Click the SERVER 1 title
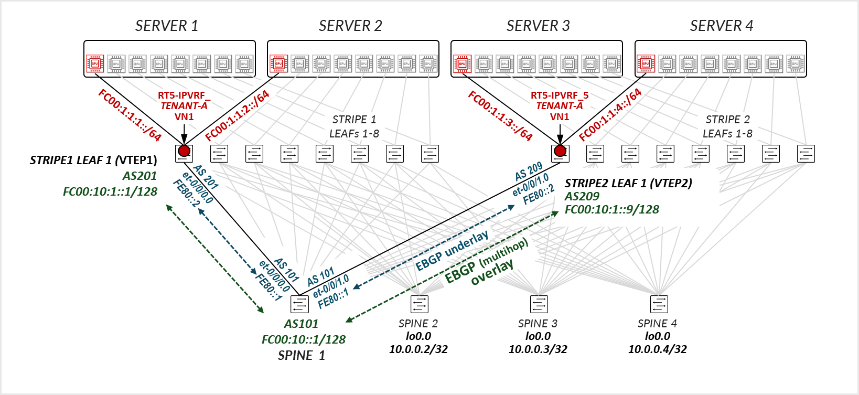click(x=167, y=26)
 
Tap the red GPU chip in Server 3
click(x=462, y=63)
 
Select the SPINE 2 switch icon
click(x=419, y=304)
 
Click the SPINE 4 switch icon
click(x=659, y=304)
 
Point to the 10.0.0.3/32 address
click(x=538, y=349)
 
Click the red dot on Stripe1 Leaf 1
click(x=184, y=151)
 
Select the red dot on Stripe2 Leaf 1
click(x=560, y=151)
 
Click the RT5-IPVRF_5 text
click(x=560, y=95)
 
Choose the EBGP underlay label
click(x=452, y=250)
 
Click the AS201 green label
click(x=139, y=176)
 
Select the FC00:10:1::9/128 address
click(x=611, y=209)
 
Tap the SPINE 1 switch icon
click(x=299, y=304)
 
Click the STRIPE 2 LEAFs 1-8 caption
click(x=727, y=126)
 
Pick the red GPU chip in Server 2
click(x=278, y=63)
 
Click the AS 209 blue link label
click(x=529, y=172)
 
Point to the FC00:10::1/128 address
click(x=303, y=339)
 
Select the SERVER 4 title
click(x=721, y=26)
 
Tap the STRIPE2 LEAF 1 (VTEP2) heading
click(x=628, y=183)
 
